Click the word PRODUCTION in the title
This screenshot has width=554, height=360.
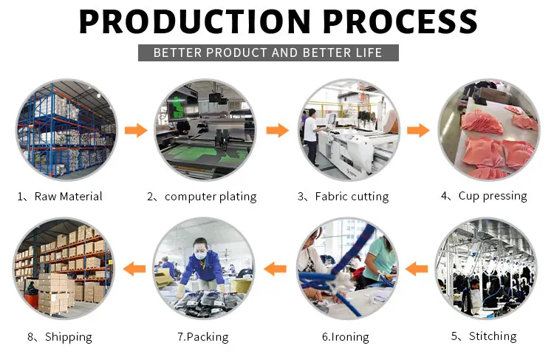pyautogui.click(x=195, y=21)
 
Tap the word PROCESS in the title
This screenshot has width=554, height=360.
pyautogui.click(x=400, y=21)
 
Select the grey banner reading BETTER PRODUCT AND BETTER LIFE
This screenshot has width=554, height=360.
pyautogui.click(x=268, y=52)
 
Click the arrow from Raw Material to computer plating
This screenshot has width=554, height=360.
pyautogui.click(x=136, y=131)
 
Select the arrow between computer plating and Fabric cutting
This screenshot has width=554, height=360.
pyautogui.click(x=277, y=131)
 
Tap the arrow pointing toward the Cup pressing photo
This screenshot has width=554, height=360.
pyautogui.click(x=418, y=131)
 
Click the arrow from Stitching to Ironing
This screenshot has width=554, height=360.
pyautogui.click(x=417, y=269)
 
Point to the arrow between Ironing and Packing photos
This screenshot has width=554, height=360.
pyautogui.click(x=276, y=269)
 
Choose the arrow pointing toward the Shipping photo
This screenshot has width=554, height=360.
pyautogui.click(x=134, y=269)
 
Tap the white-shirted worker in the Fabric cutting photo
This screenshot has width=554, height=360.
pyautogui.click(x=311, y=137)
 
